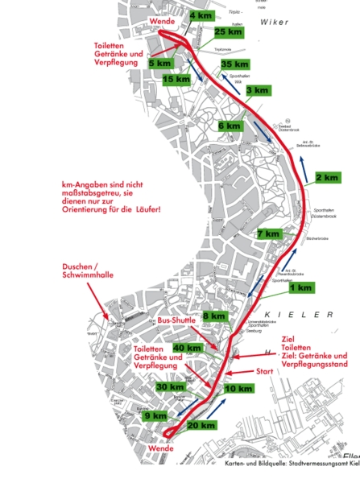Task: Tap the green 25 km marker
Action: point(229,32)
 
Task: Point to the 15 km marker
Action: point(176,79)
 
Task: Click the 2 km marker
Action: point(328,177)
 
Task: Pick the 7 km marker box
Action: point(269,234)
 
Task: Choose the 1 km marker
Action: point(300,287)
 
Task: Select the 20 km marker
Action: point(202,425)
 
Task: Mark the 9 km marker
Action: point(156,416)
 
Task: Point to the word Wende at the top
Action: point(162,21)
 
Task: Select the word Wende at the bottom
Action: point(162,448)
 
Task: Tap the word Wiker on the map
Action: point(275,23)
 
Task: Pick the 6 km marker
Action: point(229,126)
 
